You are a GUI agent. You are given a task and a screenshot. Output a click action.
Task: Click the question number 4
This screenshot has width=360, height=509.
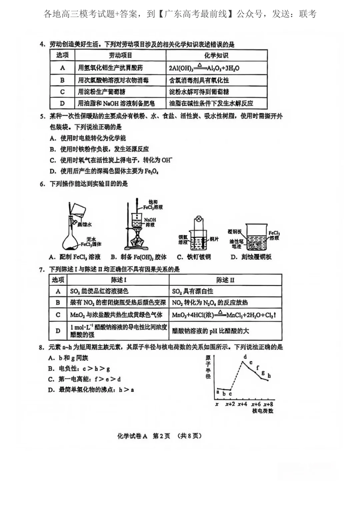tap(42, 44)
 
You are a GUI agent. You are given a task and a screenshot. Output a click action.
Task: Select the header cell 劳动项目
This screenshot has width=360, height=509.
tap(120, 55)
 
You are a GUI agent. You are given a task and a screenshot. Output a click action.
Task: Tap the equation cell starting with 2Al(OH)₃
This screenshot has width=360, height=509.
tap(204, 68)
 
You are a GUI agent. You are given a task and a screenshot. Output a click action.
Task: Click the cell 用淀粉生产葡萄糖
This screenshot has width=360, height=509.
tap(102, 92)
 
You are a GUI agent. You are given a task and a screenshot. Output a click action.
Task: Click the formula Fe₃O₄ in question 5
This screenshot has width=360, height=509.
tap(151, 171)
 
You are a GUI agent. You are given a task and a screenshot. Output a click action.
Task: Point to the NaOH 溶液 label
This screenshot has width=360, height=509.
tap(150, 222)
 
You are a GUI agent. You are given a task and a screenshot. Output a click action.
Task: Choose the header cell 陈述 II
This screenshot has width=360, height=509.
tap(225, 280)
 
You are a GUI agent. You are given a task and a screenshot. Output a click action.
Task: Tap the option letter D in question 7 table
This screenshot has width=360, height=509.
tap(58, 331)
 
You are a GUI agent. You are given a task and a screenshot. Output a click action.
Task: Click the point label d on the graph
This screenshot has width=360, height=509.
tap(245, 357)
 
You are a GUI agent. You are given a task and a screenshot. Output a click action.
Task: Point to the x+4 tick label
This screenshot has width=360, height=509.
tap(242, 404)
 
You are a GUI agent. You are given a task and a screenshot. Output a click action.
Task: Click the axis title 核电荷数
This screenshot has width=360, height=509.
tap(263, 411)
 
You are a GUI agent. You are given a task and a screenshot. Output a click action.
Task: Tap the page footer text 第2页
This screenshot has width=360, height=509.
tap(161, 436)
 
